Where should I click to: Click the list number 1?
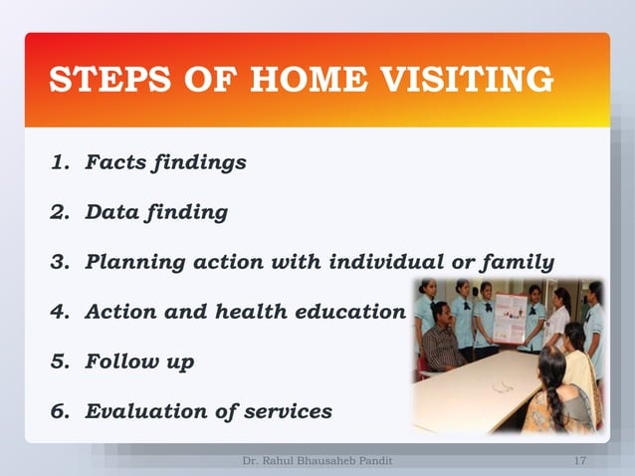pos(59,161)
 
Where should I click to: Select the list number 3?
pos(59,263)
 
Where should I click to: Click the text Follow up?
pos(139,362)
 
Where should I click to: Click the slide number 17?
pos(580,461)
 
